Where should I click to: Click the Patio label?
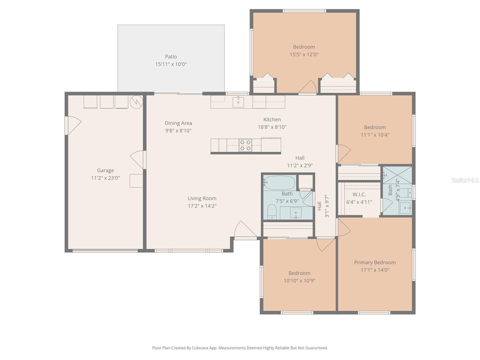[x=171, y=56]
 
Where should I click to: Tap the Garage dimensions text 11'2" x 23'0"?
[x=105, y=178]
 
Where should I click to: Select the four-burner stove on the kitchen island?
[x=245, y=145]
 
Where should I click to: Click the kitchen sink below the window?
[x=238, y=102]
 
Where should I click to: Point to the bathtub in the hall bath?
[x=280, y=183]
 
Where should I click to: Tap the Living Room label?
[x=202, y=198]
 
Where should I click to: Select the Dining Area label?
[x=178, y=123]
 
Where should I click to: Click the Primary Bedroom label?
[x=375, y=262]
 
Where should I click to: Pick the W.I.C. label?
[x=359, y=194]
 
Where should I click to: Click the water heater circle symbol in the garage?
[x=136, y=102]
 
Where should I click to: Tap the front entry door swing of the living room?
[x=244, y=230]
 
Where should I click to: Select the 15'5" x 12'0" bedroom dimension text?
[x=304, y=55]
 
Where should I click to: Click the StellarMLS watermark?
[x=465, y=180]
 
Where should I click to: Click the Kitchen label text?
[x=272, y=119]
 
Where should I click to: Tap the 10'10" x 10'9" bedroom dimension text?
[x=299, y=281]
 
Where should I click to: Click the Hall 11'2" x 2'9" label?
[x=300, y=161]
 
